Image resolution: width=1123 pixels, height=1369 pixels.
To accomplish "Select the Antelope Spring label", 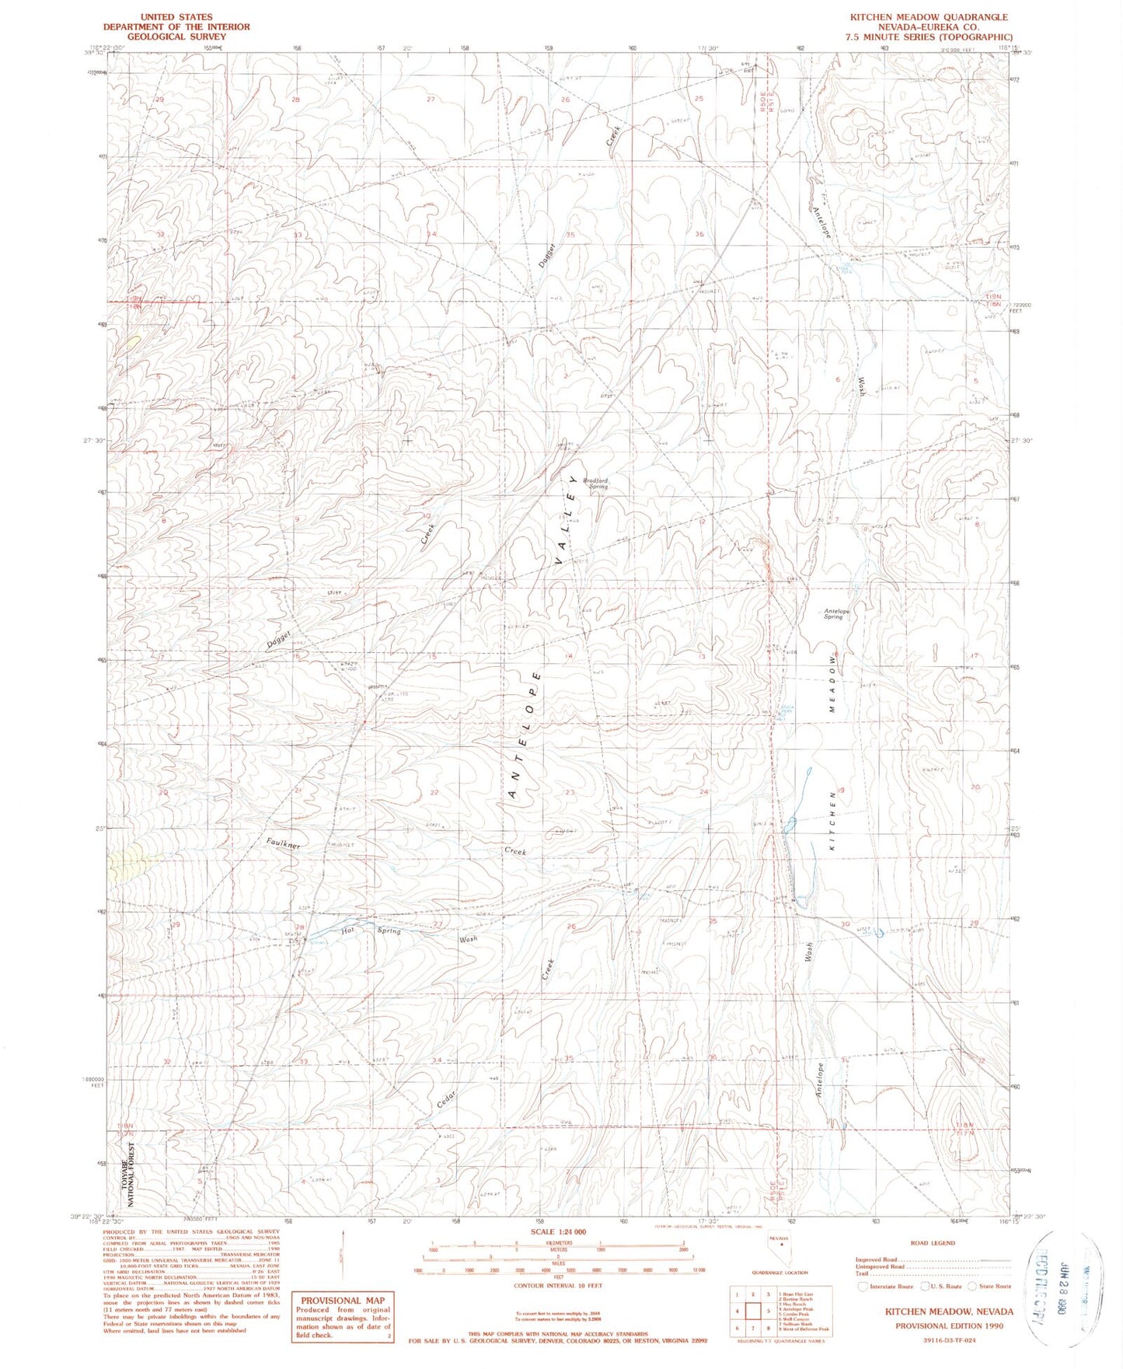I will point(836,613).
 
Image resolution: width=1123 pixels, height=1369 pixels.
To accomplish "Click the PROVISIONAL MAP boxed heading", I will point(342,1300).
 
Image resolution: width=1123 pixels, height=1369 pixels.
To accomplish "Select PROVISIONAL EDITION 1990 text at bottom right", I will point(948,1326).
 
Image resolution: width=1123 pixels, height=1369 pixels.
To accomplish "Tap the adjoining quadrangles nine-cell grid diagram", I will point(752,1311).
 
